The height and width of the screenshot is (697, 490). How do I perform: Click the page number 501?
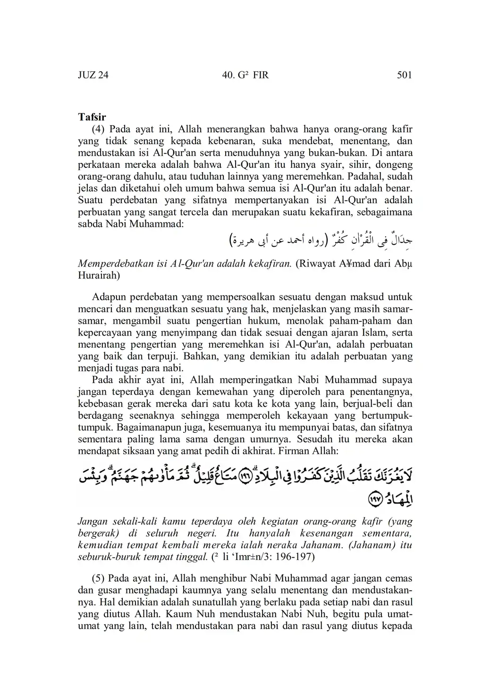tap(405, 75)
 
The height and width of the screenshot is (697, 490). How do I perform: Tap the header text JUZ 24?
tap(93, 75)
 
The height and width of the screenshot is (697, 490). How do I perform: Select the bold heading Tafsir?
tap(92, 117)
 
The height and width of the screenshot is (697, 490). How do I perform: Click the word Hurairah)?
tap(99, 275)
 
